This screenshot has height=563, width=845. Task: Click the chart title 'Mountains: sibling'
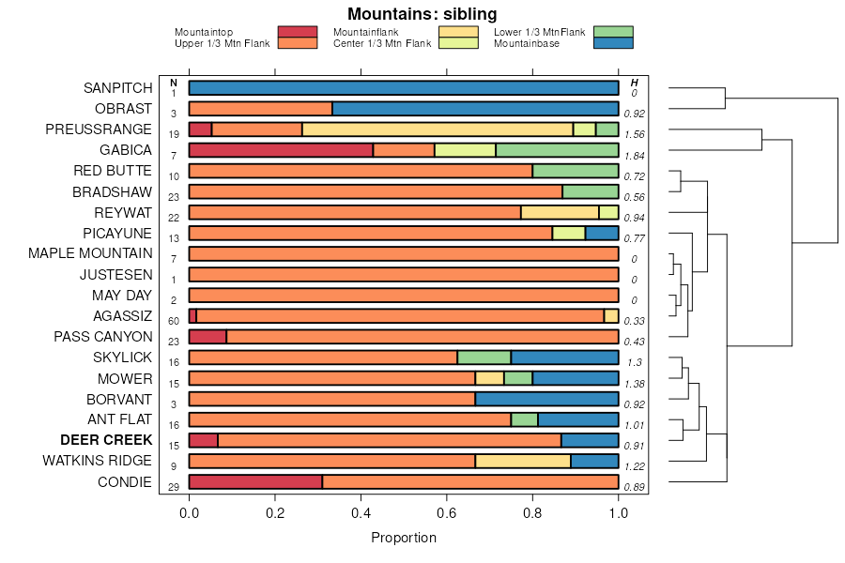(x=422, y=14)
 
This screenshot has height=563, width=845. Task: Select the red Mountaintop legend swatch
(x=298, y=32)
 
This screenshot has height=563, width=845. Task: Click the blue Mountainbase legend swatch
(x=613, y=43)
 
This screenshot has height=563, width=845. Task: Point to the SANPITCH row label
(x=117, y=88)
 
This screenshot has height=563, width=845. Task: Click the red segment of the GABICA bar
(x=281, y=150)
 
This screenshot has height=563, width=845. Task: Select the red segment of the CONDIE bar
(x=255, y=482)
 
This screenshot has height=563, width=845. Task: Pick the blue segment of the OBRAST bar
(x=475, y=109)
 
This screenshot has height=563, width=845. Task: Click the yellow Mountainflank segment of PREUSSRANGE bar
(x=438, y=129)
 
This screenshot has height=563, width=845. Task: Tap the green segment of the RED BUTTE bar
(x=576, y=171)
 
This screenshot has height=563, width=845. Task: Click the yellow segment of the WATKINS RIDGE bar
(x=523, y=461)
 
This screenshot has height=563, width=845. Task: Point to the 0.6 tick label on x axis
(x=447, y=513)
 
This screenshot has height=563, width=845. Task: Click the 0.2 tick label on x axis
(x=275, y=513)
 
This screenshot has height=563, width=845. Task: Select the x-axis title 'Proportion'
(x=404, y=539)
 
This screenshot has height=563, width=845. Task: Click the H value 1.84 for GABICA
(x=636, y=156)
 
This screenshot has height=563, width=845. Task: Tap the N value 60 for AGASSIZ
(x=174, y=321)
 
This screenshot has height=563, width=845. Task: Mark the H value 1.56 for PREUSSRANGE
(x=636, y=135)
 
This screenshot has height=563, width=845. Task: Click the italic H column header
(x=635, y=84)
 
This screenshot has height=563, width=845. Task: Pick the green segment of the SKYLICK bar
(x=484, y=358)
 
